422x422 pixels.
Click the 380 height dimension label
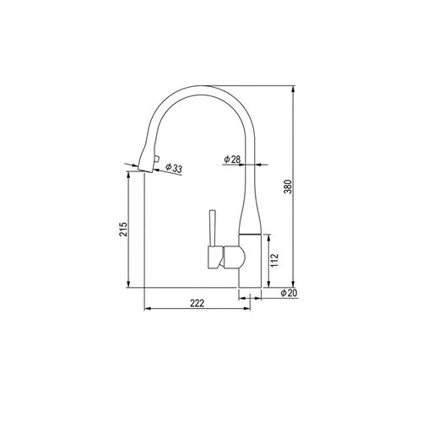pos(289,187)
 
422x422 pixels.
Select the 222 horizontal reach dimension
pos(197,303)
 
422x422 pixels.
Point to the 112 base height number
pos(274,260)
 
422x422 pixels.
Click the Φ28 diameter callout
pos(232,160)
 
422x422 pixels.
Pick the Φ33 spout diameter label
pos(174,168)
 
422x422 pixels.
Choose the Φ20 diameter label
pos(289,293)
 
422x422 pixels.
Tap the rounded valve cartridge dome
pos(235,257)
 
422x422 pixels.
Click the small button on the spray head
pos(156,160)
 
